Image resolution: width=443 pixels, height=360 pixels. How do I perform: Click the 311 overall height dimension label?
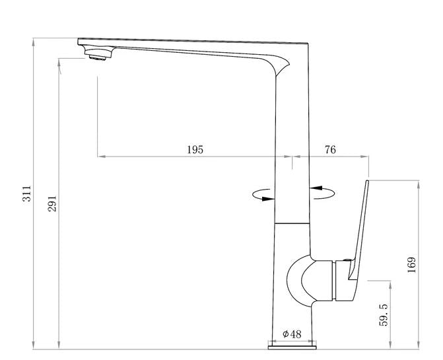[27, 194]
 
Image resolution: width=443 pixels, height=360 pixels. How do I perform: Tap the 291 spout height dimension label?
[52, 203]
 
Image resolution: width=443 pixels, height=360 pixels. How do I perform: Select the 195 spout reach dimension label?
[195, 149]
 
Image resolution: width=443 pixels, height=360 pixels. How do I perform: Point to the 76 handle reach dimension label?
[330, 149]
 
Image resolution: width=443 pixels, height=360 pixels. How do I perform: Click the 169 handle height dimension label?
[412, 265]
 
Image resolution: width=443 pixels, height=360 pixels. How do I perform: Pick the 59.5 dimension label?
[384, 315]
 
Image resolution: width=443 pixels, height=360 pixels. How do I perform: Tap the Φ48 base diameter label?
[292, 334]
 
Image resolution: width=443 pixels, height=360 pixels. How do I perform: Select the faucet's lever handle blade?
[358, 229]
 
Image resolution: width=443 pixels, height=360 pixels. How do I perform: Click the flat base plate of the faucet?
[292, 347]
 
